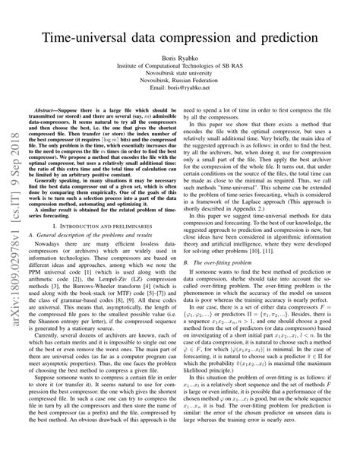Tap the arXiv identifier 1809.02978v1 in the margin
(x=16, y=206)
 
